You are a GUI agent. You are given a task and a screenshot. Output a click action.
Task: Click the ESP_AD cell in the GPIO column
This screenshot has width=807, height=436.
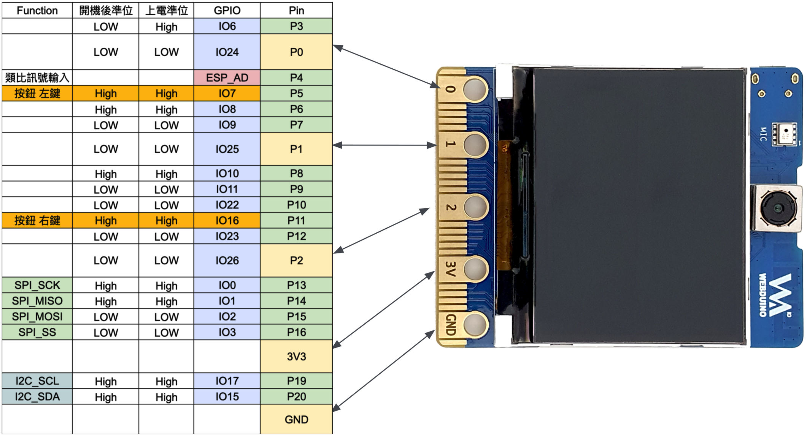227,78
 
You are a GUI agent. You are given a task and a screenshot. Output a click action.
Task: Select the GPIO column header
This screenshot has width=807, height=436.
227,10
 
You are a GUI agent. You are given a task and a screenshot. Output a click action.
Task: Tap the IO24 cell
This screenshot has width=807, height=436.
227,52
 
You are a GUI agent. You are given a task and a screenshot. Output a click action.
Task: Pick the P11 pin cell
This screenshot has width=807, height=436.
296,221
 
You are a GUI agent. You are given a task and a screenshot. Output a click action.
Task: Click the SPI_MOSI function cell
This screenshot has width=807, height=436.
37,317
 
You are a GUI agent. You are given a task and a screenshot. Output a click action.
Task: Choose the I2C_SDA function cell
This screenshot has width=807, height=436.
37,397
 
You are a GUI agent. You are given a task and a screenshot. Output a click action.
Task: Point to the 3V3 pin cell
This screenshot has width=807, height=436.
296,357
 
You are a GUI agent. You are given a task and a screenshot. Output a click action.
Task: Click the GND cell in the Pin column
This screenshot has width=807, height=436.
296,420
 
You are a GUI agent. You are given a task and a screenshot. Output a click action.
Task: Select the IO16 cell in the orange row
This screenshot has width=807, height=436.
227,221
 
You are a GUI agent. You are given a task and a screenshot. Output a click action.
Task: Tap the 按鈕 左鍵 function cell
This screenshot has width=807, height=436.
37,93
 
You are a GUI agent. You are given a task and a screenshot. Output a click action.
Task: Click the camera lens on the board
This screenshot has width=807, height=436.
778,208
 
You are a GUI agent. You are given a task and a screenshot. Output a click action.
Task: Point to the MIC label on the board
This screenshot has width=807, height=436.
763,134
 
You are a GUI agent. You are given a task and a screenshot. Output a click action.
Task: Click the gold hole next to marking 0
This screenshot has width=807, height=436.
475,89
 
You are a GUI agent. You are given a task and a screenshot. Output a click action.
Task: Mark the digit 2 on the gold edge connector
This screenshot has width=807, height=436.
451,207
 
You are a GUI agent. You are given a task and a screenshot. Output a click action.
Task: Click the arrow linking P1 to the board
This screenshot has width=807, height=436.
384,145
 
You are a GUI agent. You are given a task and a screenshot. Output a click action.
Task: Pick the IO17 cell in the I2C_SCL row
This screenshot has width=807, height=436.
227,381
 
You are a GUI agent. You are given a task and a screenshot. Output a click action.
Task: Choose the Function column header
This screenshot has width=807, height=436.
37,10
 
